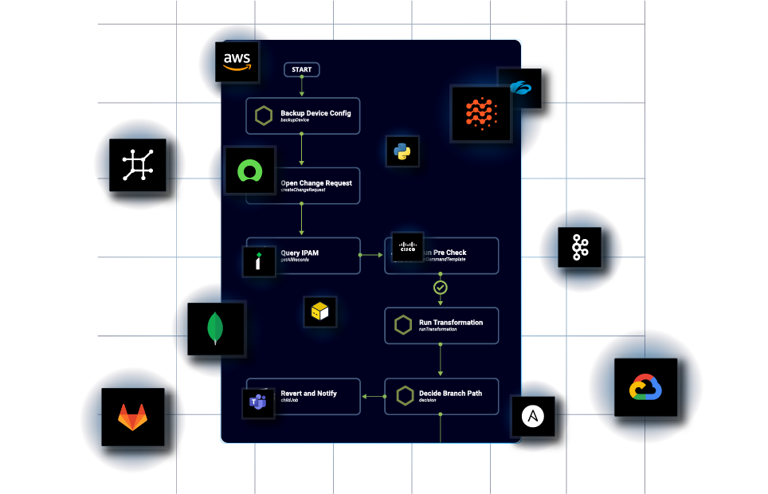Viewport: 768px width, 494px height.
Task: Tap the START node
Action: click(302, 69)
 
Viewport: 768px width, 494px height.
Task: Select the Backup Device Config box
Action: click(302, 116)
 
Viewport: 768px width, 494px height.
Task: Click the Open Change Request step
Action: click(316, 186)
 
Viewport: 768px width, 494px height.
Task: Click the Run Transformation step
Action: click(441, 326)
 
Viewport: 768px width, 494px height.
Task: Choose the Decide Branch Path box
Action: click(441, 396)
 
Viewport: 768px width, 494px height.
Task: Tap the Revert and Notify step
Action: click(303, 396)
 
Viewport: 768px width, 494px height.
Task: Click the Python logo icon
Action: click(402, 151)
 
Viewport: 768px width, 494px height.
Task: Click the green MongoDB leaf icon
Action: click(214, 327)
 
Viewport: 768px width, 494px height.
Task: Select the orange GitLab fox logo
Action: click(133, 415)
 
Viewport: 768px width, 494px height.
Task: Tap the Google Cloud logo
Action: click(645, 388)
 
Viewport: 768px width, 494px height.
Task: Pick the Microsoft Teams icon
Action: click(257, 402)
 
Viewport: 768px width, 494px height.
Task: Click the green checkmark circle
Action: click(440, 287)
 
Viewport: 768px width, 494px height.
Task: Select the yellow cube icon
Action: click(319, 312)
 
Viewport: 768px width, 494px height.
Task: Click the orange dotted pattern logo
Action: click(480, 114)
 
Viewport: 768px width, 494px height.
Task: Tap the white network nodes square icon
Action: click(137, 165)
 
